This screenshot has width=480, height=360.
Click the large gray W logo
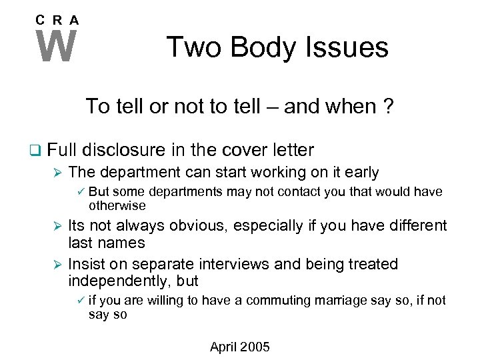click(x=57, y=47)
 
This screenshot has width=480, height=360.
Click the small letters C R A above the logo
click(x=57, y=20)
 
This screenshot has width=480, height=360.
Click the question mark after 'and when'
click(x=387, y=107)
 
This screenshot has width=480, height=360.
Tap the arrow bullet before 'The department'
click(x=57, y=172)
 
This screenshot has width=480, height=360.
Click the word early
click(x=362, y=172)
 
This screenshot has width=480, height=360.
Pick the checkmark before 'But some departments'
click(x=79, y=192)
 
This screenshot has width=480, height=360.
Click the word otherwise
click(x=117, y=205)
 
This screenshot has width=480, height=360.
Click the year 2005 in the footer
click(x=256, y=347)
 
